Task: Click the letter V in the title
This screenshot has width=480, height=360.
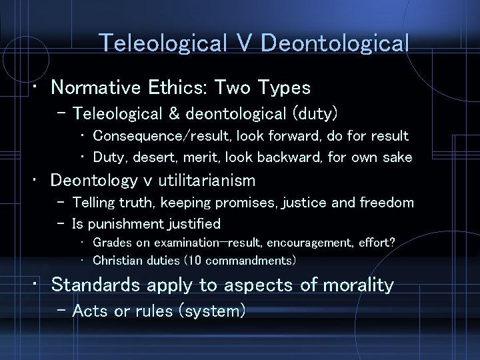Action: click(x=244, y=43)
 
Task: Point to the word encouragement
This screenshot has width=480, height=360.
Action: click(x=304, y=243)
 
